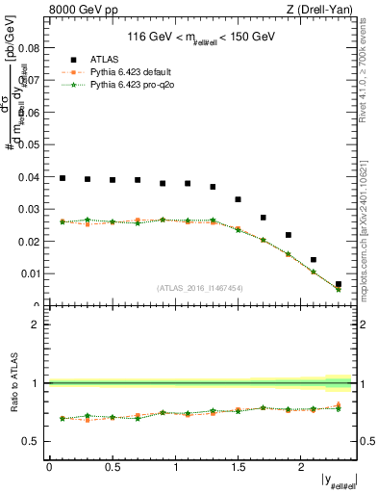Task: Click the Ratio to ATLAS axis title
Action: click(x=13, y=383)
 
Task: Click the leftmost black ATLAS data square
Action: click(x=63, y=178)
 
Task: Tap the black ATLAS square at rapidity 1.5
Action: click(x=239, y=199)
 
